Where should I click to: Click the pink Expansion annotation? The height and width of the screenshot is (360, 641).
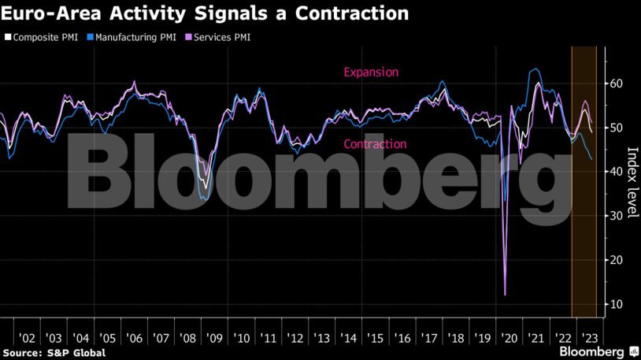coord(371,72)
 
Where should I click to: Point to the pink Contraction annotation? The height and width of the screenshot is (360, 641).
coord(375,144)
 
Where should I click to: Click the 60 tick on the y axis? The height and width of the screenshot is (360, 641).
coord(617,84)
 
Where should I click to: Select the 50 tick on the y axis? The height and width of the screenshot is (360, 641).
coord(617,128)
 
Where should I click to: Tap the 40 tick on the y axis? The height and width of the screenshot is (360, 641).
coord(617,172)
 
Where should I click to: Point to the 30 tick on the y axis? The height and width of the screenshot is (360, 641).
coord(617,216)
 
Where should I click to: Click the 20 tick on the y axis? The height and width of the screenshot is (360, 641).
coord(617,260)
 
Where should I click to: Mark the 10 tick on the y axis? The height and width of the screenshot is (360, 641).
coord(617,304)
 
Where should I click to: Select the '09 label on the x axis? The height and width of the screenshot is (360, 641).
coord(214,337)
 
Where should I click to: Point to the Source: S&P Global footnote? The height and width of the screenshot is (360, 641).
coord(54,352)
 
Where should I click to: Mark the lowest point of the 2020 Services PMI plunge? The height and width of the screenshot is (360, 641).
coord(505,295)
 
